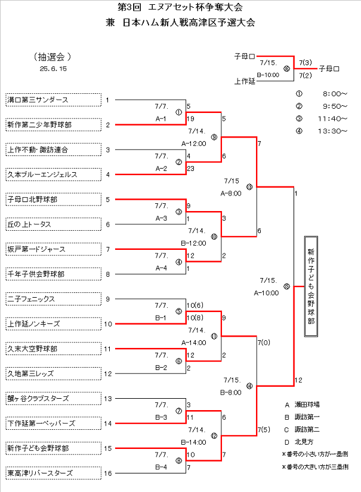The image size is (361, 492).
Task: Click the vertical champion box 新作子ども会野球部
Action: coord(311,286)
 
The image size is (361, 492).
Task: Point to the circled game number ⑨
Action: coord(214,137)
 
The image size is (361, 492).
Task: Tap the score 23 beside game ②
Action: coord(190,169)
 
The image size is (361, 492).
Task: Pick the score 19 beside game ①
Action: coord(190,119)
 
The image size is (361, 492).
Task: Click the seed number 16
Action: coord(107,473)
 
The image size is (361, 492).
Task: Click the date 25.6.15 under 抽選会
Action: coord(54,69)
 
